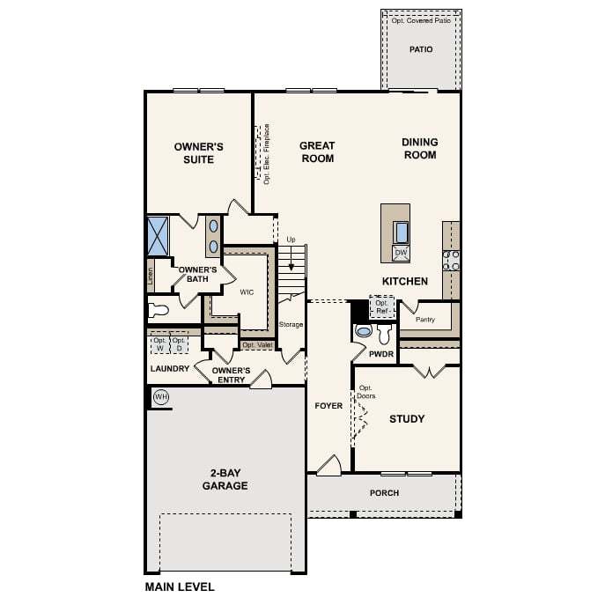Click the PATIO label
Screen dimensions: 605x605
pyautogui.click(x=421, y=49)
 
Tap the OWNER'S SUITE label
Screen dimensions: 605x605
pyautogui.click(x=199, y=152)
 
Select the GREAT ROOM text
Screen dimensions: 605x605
pyautogui.click(x=317, y=152)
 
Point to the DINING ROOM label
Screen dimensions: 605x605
pyautogui.click(x=419, y=148)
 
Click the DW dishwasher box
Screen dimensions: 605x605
pyautogui.click(x=401, y=253)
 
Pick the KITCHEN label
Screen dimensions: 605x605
pyautogui.click(x=404, y=282)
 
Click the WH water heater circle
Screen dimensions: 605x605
pyautogui.click(x=161, y=397)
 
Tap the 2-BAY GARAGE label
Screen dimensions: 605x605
pyautogui.click(x=225, y=479)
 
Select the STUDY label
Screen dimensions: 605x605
pyautogui.click(x=407, y=419)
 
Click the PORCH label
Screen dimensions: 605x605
pyautogui.click(x=384, y=493)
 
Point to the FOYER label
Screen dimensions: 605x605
pyautogui.click(x=328, y=406)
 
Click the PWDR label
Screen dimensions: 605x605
pyautogui.click(x=381, y=353)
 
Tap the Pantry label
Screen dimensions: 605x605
pyautogui.click(x=425, y=319)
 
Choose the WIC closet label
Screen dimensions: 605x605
pyautogui.click(x=247, y=292)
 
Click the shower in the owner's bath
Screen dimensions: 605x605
pyautogui.click(x=158, y=235)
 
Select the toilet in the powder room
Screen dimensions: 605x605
pyautogui.click(x=384, y=334)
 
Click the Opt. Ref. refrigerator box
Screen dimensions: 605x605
pyautogui.click(x=381, y=306)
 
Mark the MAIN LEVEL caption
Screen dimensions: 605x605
pyautogui.click(x=180, y=587)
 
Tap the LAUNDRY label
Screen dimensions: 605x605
pyautogui.click(x=170, y=369)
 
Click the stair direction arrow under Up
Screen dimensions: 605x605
pyautogui.click(x=291, y=261)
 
